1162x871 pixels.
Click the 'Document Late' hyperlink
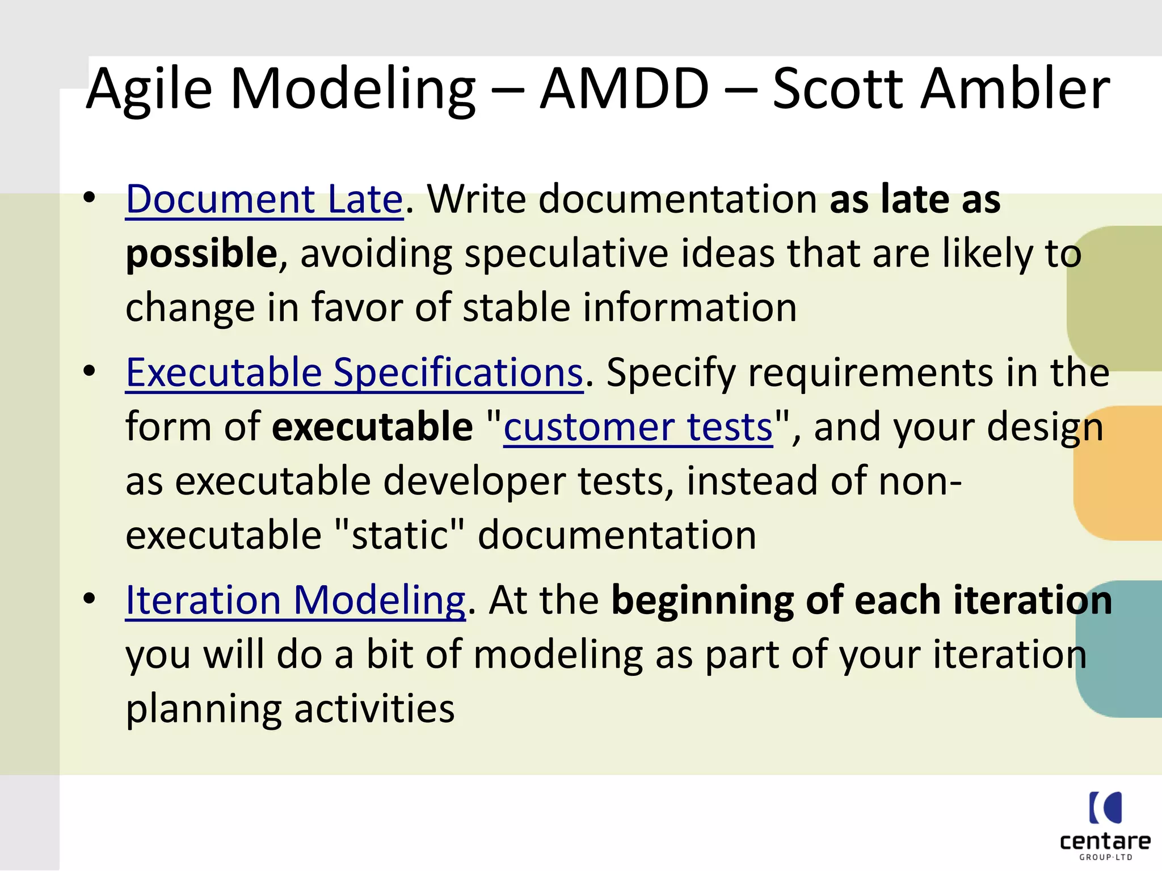coord(264,200)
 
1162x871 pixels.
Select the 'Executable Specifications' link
coord(354,373)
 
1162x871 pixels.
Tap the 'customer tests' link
coord(638,428)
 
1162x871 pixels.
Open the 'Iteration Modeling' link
coord(295,601)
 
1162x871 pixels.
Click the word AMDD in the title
coord(625,89)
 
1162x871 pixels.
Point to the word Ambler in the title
coord(1015,89)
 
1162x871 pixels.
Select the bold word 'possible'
coord(201,254)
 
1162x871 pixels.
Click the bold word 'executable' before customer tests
coord(372,428)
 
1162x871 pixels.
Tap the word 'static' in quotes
coord(399,535)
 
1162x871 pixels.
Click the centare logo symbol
coord(1105,807)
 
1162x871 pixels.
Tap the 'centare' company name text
coord(1105,841)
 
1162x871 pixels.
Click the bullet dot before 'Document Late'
coord(89,198)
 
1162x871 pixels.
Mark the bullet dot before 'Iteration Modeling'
coord(89,599)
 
